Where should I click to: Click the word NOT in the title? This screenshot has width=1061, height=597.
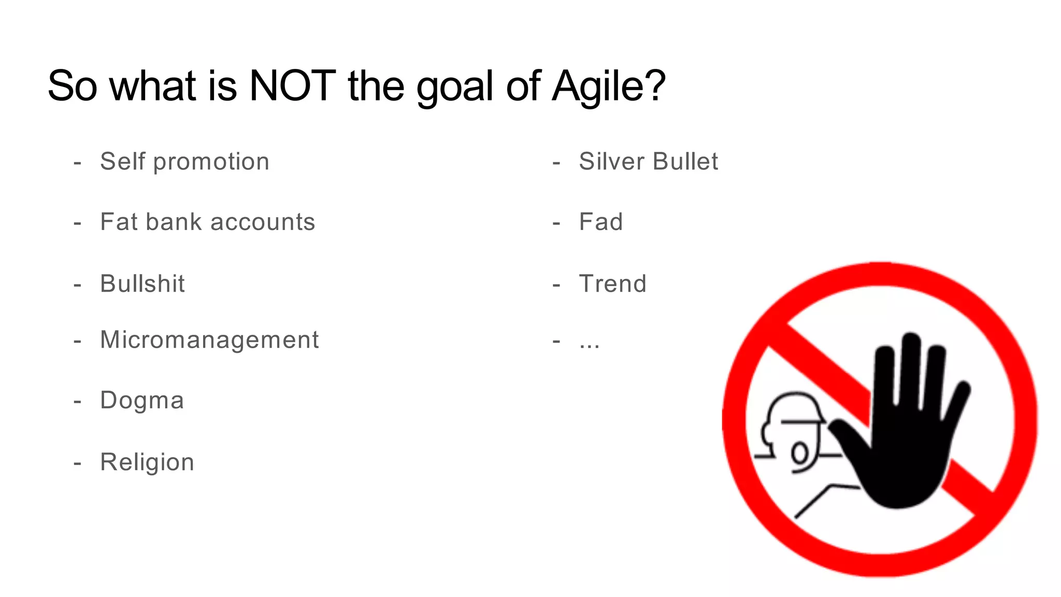pos(292,86)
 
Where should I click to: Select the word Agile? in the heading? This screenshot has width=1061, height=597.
pos(609,87)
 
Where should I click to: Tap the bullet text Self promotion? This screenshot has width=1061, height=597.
pos(184,161)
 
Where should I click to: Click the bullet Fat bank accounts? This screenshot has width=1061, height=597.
pos(207,222)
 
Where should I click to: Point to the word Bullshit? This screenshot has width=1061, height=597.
pos(142,283)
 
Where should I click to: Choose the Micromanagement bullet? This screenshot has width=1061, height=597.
pos(209,340)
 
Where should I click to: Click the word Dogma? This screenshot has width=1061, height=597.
pos(142,401)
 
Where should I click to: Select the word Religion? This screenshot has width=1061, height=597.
pos(147,462)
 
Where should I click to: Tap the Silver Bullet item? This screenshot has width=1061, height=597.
pos(648,161)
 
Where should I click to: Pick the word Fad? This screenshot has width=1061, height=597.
pos(601,222)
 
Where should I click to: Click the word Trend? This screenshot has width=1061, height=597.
pos(612,283)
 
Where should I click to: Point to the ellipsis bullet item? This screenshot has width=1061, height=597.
pos(590,343)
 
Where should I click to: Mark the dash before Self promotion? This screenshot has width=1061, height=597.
pos(78,162)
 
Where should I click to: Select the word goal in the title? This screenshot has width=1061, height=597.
pos(454,87)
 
